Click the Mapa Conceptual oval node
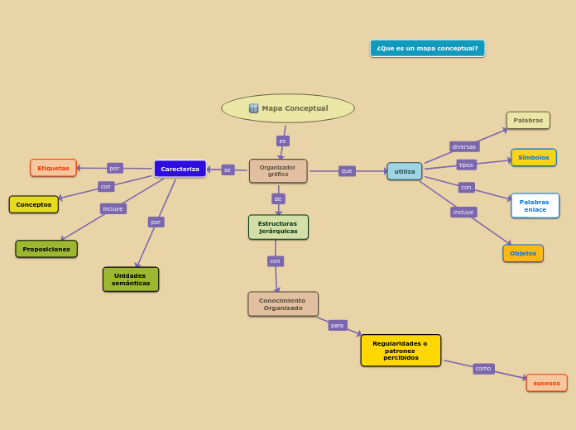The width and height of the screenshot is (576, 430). pos(288,108)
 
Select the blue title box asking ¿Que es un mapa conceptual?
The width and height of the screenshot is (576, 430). pos(427,49)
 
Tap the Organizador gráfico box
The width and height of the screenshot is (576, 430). pos(278,171)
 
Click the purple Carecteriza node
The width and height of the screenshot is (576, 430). pos(180,169)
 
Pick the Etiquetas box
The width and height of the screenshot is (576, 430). pos(53,168)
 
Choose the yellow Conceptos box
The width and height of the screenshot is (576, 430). pos(34,204)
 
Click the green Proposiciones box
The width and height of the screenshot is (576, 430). pos(46,249)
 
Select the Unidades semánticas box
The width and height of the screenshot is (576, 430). pos(131,279)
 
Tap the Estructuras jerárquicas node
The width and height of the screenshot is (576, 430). pos(278,227)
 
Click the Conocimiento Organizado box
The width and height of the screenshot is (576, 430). pos(282,304)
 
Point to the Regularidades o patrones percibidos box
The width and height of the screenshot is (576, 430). pos(401,351)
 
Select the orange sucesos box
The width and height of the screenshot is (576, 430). pos(546,383)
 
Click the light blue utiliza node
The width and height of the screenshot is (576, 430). pos(405,171)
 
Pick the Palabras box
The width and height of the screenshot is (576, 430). pos(528,121)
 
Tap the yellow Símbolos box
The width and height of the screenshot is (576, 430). pos(534,157)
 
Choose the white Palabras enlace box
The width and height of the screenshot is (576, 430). pos(535,206)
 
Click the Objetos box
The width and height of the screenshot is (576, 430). pos(523,253)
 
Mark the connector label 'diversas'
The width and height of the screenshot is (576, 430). pos(464,146)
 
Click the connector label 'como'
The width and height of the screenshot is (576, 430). pos(483,369)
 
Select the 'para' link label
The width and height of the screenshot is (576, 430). pos(337,326)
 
